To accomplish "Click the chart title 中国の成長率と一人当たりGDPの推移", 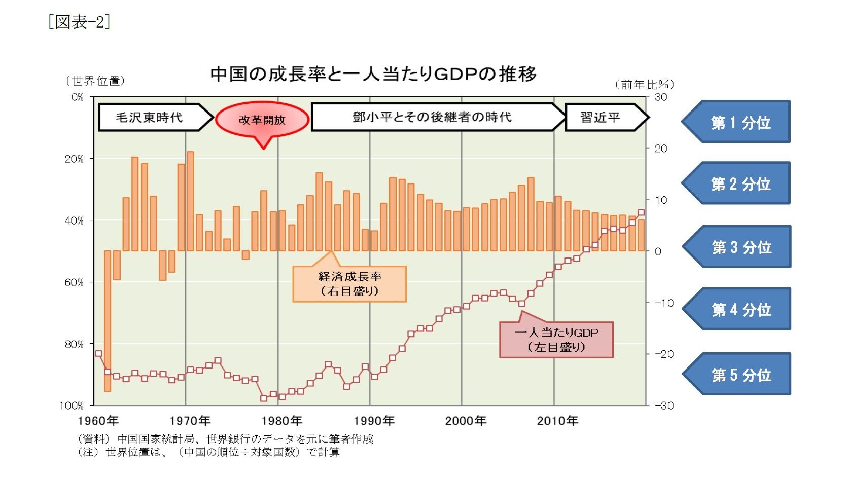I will pyautogui.click(x=373, y=75).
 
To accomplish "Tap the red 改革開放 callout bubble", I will pyautogui.click(x=262, y=120).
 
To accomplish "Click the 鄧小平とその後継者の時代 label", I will pyautogui.click(x=432, y=117).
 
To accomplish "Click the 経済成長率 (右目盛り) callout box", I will pyautogui.click(x=349, y=284).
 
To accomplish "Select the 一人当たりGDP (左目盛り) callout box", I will pyautogui.click(x=556, y=340).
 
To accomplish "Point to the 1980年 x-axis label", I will pyautogui.click(x=282, y=421).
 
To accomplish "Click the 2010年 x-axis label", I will pyautogui.click(x=557, y=421).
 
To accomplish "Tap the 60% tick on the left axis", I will pyautogui.click(x=74, y=282).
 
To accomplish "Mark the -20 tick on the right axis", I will pyautogui.click(x=663, y=354).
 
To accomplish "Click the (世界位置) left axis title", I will pyautogui.click(x=95, y=81).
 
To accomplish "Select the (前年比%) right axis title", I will pyautogui.click(x=644, y=85).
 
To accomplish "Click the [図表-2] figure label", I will pyautogui.click(x=79, y=22).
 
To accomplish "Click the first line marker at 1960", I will pyautogui.click(x=98, y=354).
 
